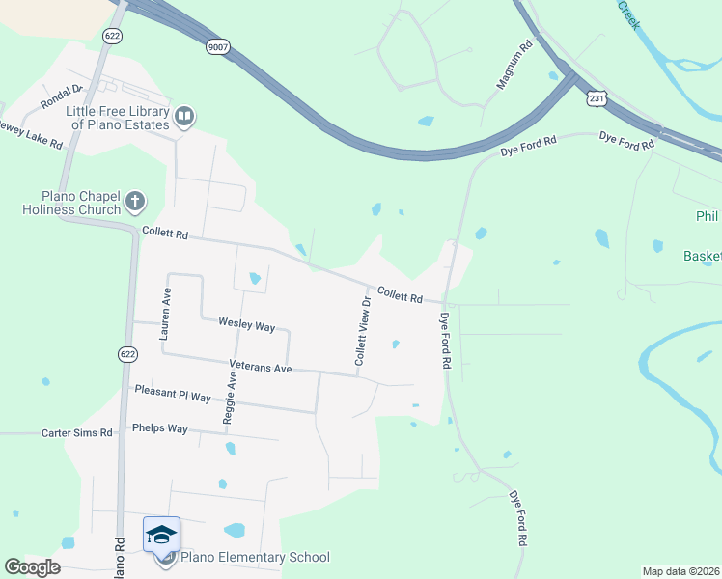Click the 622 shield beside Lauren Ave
127,354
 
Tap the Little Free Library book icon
184,118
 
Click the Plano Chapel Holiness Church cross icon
135,202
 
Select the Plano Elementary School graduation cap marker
161,534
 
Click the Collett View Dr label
363,330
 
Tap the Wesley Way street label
246,325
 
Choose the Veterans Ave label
260,368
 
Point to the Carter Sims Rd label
77,433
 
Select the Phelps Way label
159,427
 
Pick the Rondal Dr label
62,96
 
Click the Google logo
32,567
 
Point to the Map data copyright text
680,570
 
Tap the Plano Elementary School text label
256,557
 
